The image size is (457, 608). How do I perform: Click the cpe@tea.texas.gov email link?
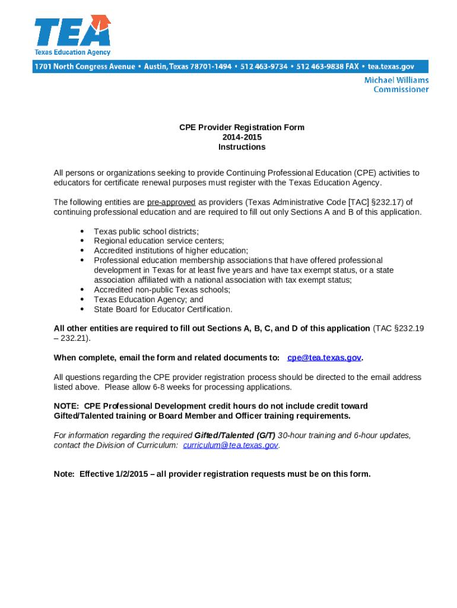point(324,357)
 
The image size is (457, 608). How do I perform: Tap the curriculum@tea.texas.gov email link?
point(231,445)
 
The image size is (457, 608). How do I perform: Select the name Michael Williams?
point(396,80)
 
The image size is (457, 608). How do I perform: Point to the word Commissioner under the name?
point(401,90)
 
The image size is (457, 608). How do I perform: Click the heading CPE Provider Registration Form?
point(242,128)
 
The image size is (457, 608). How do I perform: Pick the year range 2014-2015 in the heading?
point(242,137)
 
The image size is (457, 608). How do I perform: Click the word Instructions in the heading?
point(242,147)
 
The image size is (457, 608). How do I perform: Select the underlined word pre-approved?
point(172,202)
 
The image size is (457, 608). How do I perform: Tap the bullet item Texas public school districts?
point(147,232)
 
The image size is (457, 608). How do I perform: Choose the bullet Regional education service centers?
point(159,241)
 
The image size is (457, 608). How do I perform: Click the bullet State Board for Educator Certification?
point(163,309)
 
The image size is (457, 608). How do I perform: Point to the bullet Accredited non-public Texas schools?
point(162,290)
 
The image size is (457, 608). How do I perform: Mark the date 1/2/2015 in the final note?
point(128,474)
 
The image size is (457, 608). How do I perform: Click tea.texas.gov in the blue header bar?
point(391,66)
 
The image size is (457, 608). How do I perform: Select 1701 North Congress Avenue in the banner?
point(85,66)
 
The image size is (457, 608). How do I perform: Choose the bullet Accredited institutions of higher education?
point(171,251)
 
